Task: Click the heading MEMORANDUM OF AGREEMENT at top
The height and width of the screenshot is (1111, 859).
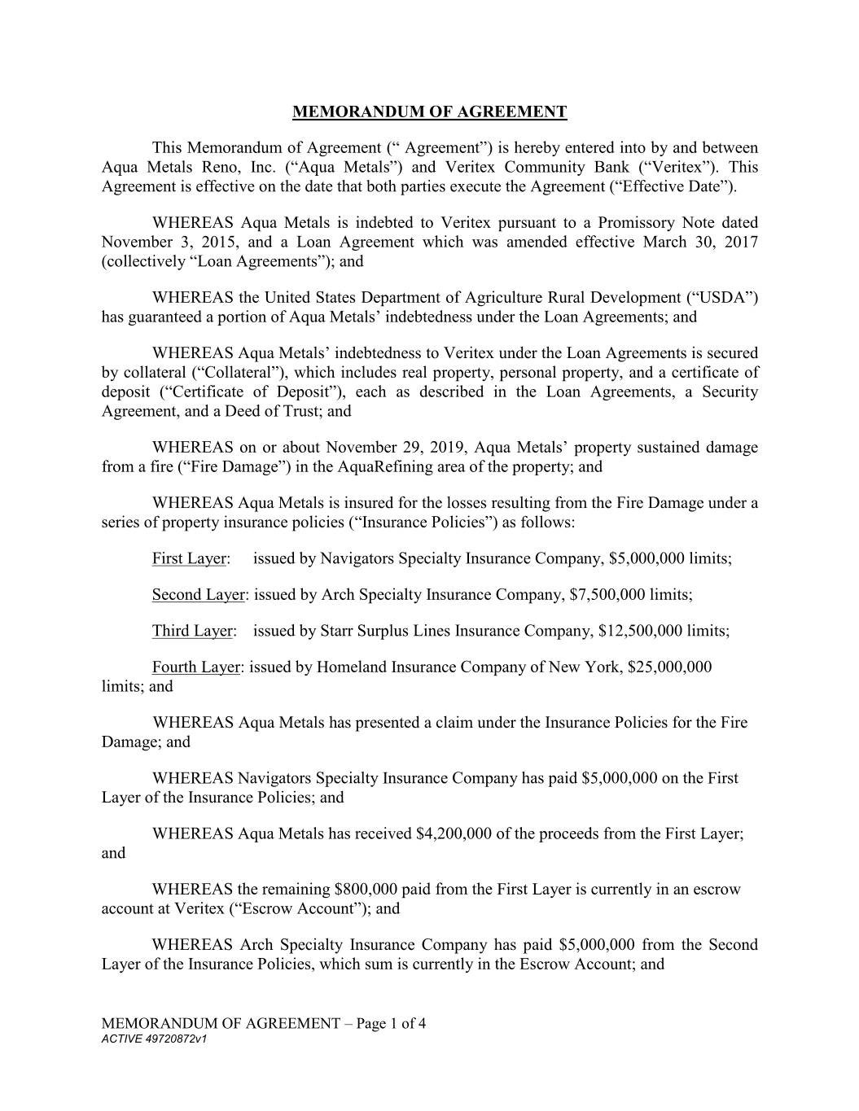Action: (x=429, y=112)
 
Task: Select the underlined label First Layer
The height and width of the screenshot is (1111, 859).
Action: (x=190, y=558)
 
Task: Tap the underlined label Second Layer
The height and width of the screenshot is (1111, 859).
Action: (x=198, y=594)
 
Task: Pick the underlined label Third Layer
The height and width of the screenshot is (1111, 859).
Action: (x=192, y=631)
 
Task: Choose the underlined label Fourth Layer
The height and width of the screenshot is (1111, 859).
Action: (x=195, y=667)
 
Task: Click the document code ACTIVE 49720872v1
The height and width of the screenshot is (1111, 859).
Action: (x=155, y=1039)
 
